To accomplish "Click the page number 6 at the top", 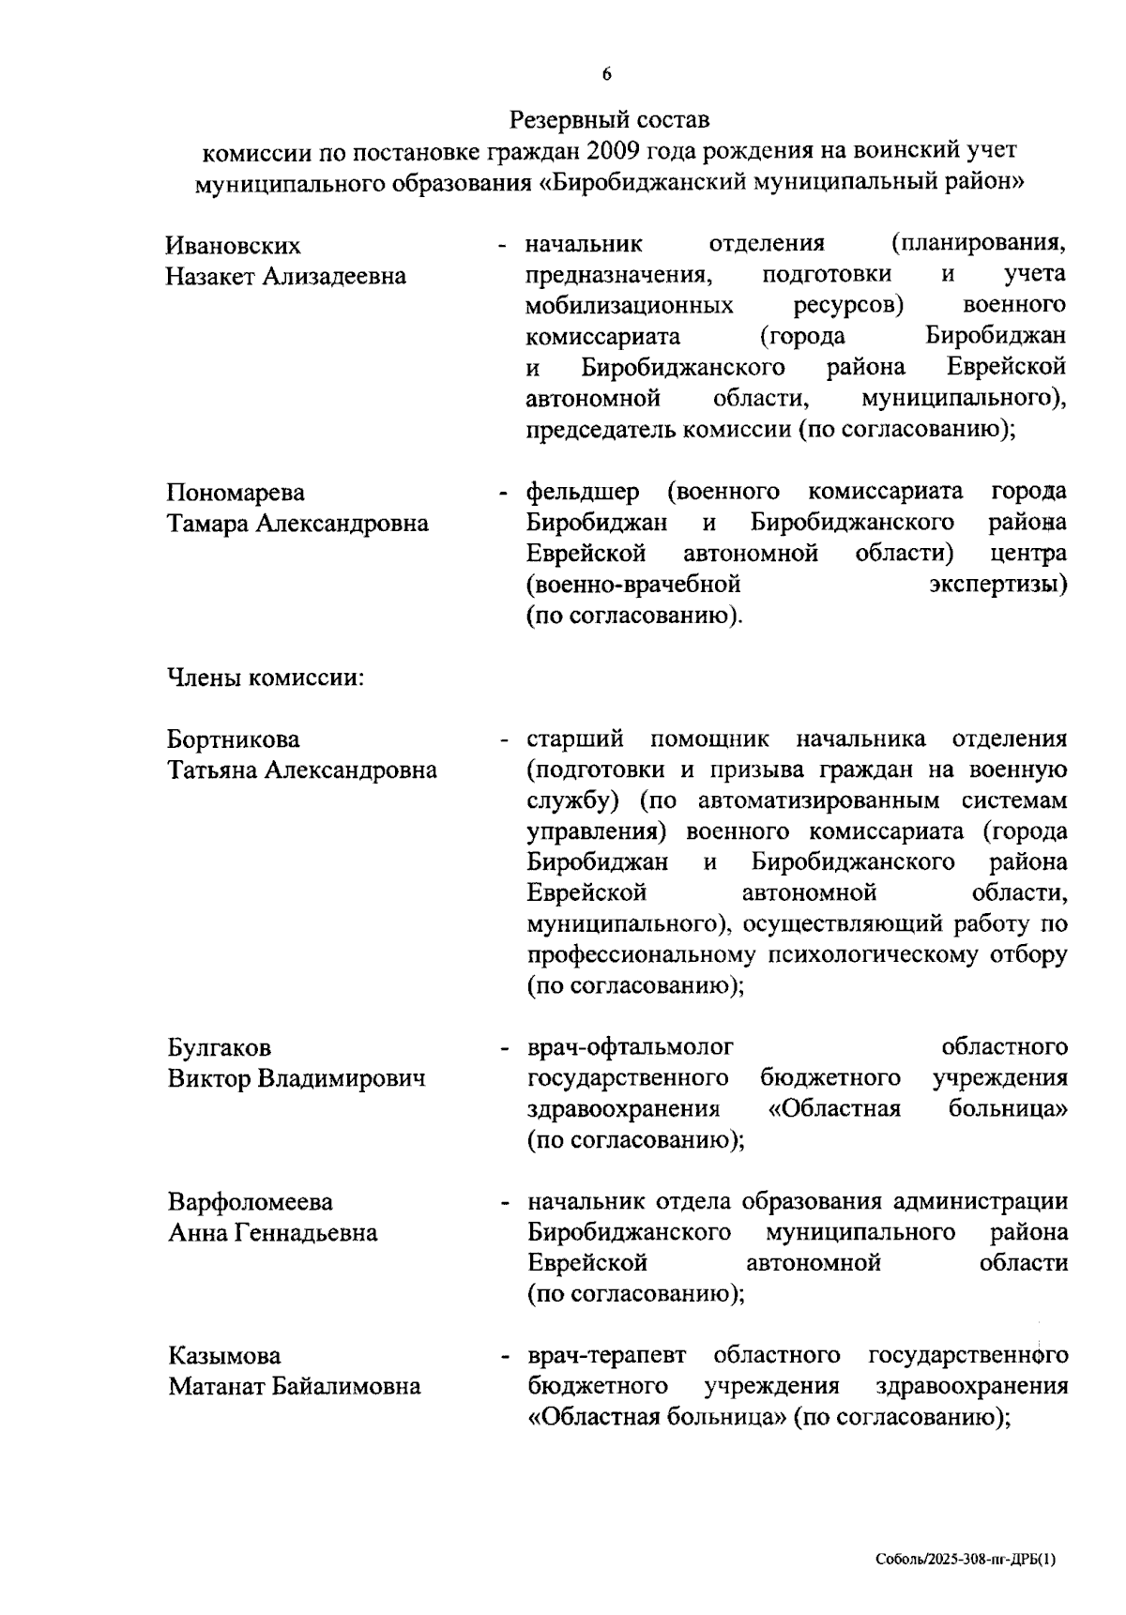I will point(607,75).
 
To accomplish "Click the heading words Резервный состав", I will point(610,120).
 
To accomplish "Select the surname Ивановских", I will point(234,246).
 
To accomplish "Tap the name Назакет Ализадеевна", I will point(286,277).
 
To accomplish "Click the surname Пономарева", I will point(236,493).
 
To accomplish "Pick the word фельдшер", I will point(583,492).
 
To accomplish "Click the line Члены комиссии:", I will point(266,678).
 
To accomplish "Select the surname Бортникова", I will point(234,739).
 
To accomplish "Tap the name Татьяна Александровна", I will point(302,770).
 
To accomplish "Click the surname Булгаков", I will point(220,1047).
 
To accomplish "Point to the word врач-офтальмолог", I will point(631,1046).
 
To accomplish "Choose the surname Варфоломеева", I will point(251,1202).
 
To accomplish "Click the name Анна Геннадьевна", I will point(273,1233).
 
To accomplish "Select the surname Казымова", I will point(224,1356).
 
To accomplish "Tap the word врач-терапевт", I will point(606,1356).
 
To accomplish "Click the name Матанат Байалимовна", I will point(295,1387).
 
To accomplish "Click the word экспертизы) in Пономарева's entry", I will point(997,585).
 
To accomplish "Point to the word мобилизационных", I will point(630,306).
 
